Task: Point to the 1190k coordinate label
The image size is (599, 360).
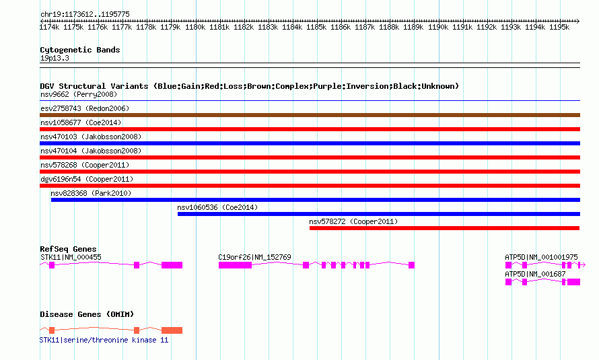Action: [437, 28]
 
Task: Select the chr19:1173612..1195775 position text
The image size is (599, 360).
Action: [85, 14]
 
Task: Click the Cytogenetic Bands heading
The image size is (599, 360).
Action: [79, 50]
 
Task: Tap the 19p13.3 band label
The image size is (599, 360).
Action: [55, 58]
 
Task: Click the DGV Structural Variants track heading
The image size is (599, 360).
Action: [249, 86]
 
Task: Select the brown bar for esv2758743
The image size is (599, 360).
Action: [310, 115]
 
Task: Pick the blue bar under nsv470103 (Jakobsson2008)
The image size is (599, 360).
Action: [310, 143]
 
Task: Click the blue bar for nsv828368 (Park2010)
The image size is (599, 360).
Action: [315, 200]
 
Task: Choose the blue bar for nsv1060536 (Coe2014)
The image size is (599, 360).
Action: [378, 214]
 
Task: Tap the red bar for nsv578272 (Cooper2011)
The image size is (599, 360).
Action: [444, 228]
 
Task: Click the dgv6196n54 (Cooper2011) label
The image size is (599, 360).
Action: [87, 179]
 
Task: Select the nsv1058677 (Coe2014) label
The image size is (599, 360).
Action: [80, 122]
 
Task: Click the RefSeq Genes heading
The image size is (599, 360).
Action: [68, 249]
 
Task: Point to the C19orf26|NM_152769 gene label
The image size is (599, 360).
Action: [254, 257]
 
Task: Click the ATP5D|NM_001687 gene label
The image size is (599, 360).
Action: [536, 274]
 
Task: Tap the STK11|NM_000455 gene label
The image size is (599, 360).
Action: [71, 257]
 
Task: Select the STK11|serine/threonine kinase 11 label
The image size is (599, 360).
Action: [104, 340]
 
